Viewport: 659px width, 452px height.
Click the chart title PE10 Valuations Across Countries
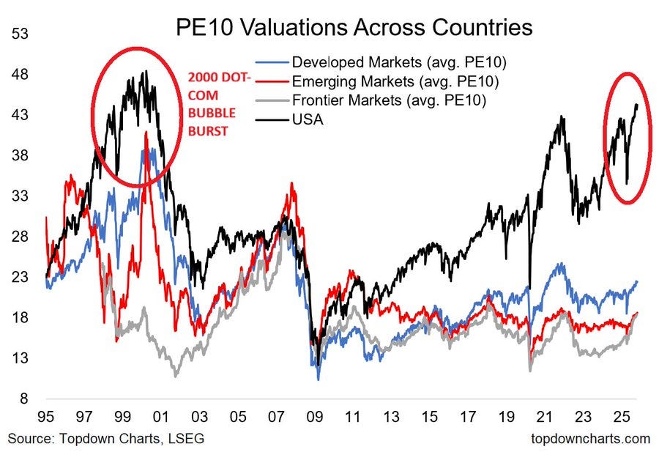[x=354, y=28]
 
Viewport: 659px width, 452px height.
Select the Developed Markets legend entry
[x=399, y=61]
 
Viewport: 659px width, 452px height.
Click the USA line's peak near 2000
[x=145, y=72]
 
